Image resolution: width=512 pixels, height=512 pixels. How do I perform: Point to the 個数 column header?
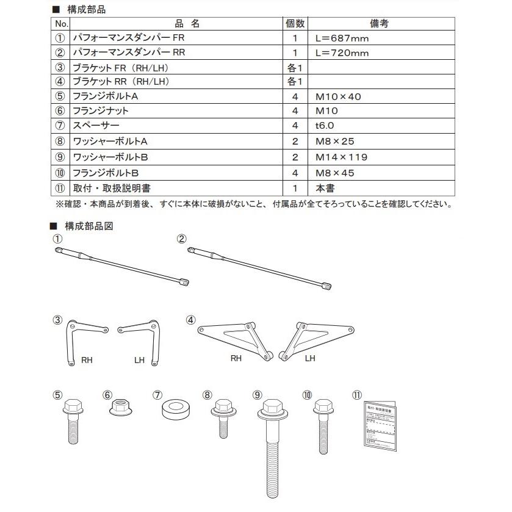[x=295, y=24]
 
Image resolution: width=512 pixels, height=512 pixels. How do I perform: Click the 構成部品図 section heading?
[x=88, y=226]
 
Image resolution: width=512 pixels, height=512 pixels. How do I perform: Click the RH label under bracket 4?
[x=236, y=358]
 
